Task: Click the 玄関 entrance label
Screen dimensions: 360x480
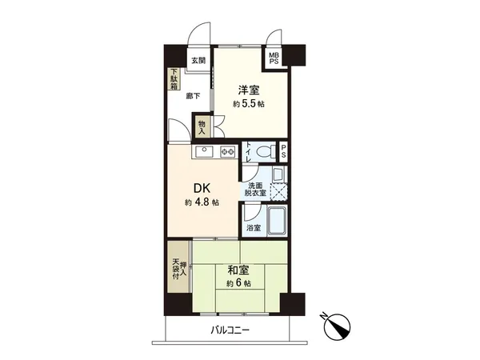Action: [x=198, y=60]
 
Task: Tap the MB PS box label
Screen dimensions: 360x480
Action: [x=274, y=58]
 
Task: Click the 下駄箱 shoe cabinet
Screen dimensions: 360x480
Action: [x=174, y=81]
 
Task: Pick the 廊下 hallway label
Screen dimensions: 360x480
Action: [x=193, y=95]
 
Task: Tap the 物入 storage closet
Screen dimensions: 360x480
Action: [x=202, y=128]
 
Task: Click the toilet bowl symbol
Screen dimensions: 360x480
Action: [x=260, y=151]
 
